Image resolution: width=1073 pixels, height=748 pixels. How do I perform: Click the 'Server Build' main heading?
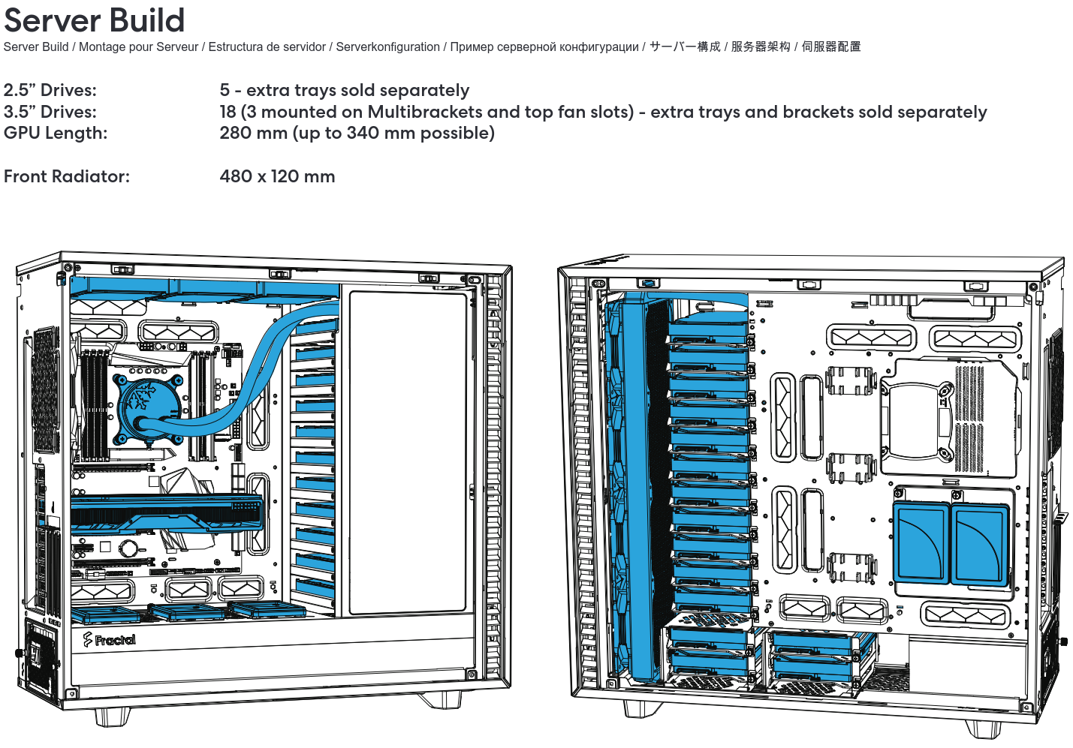pyautogui.click(x=94, y=20)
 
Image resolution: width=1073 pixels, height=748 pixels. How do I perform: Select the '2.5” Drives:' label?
pyautogui.click(x=50, y=90)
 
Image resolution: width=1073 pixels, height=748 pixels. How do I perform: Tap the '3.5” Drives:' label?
pyautogui.click(x=50, y=112)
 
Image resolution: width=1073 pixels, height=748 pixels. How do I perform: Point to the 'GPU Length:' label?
pyautogui.click(x=56, y=133)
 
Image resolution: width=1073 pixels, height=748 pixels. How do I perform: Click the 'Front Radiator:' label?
pyautogui.click(x=67, y=176)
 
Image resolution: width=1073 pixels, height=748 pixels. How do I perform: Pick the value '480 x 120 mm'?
pyautogui.click(x=277, y=176)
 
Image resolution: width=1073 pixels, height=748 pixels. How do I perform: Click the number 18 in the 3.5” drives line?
pyautogui.click(x=228, y=112)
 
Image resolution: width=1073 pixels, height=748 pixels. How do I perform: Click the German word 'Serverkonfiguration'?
pyautogui.click(x=387, y=47)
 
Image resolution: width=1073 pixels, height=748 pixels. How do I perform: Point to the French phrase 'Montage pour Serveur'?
pyautogui.click(x=138, y=47)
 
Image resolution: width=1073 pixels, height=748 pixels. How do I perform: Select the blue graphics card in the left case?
pyautogui.click(x=167, y=514)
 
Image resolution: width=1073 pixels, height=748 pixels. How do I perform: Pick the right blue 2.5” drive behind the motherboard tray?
pyautogui.click(x=978, y=544)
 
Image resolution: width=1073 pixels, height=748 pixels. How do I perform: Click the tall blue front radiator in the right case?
pyautogui.click(x=635, y=488)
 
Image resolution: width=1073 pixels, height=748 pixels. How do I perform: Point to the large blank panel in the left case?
pyautogui.click(x=408, y=450)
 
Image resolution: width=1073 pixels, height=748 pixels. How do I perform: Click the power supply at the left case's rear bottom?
pyautogui.click(x=41, y=656)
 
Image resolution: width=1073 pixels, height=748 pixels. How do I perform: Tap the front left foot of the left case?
pyautogui.click(x=113, y=716)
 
